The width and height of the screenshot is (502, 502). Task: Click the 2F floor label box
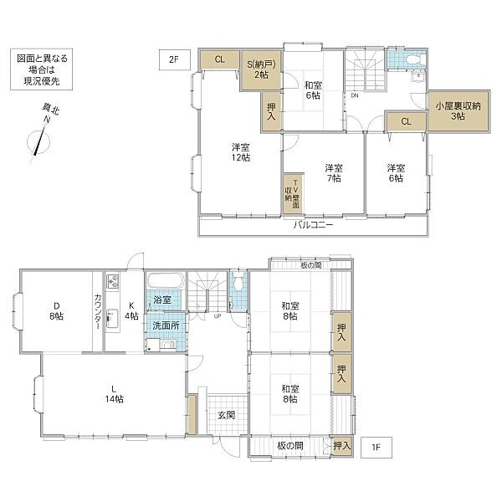pyautogui.click(x=175, y=60)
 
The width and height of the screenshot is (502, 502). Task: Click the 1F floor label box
pyautogui.click(x=376, y=448)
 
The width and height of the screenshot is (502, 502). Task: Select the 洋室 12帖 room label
pyautogui.click(x=241, y=152)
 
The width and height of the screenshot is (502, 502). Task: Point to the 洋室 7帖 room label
pyautogui.click(x=333, y=173)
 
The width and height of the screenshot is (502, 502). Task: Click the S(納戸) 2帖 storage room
pyautogui.click(x=261, y=70)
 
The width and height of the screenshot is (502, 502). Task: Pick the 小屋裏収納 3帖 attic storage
pyautogui.click(x=458, y=111)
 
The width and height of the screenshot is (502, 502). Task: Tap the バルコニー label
pyautogui.click(x=314, y=225)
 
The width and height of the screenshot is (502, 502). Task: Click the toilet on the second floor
pyautogui.click(x=414, y=60)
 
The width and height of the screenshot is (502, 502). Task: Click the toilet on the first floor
pyautogui.click(x=238, y=282)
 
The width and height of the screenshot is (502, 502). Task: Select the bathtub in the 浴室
pyautogui.click(x=166, y=280)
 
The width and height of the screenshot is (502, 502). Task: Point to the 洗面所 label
pyautogui.click(x=166, y=326)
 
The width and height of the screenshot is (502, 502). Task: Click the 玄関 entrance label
pyautogui.click(x=227, y=415)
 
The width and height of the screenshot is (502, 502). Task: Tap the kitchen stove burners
pyautogui.click(x=112, y=281)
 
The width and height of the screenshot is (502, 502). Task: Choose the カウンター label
pyautogui.click(x=98, y=311)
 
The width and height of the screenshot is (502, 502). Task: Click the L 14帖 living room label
pyautogui.click(x=114, y=394)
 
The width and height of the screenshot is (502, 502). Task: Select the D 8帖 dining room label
pyautogui.click(x=56, y=311)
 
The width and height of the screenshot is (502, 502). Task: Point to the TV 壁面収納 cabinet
pyautogui.click(x=293, y=194)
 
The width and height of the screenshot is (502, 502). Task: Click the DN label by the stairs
pyautogui.click(x=355, y=95)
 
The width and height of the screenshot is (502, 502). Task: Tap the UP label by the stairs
pyautogui.click(x=218, y=316)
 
